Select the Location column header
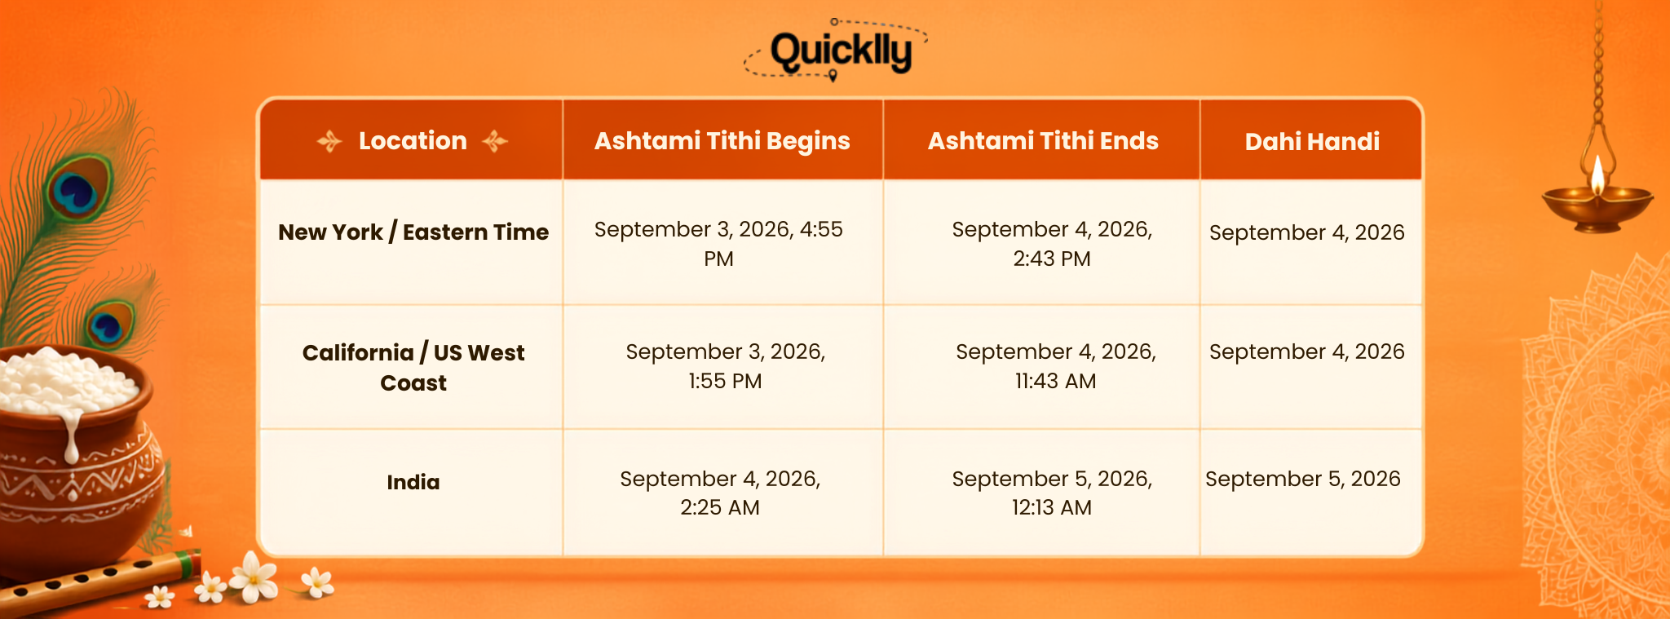pos(413,141)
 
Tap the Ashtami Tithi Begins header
pos(722,141)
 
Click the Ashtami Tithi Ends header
pos(1043,141)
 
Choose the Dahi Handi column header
pos(1312,142)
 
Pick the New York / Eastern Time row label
pos(413,232)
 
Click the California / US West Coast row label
pos(413,368)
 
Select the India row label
pos(413,482)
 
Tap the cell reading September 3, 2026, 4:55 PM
pos(718,244)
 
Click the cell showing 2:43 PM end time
pos(1052,244)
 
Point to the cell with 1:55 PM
pos(725,366)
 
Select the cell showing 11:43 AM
pos(1056,366)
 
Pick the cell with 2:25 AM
pos(720,493)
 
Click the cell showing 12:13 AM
pos(1052,493)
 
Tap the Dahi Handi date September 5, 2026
pos(1303,479)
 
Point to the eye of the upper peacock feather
pos(76,190)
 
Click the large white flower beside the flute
pos(254,577)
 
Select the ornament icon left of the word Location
pos(329,141)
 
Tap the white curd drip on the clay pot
pos(72,436)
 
